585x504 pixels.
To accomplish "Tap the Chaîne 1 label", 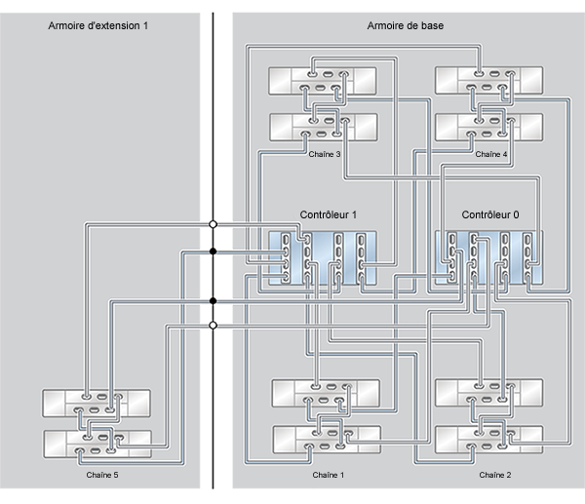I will [329, 475].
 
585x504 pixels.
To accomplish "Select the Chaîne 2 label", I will [496, 475].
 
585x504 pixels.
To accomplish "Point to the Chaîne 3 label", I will [325, 153].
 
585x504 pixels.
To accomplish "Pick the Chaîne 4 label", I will [491, 153].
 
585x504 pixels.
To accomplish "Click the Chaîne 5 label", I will [96, 475].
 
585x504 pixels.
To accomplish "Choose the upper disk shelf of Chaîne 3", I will [324, 79].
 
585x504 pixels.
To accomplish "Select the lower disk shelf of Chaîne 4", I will [488, 126].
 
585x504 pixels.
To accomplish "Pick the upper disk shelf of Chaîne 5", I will [97, 404].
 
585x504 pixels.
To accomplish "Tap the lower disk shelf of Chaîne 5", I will [97, 443].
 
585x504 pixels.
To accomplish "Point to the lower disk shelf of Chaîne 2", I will [490, 441].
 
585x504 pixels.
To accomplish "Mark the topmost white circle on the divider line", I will [213, 225].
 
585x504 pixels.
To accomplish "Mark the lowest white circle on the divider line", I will [213, 325].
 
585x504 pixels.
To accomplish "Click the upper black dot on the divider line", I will [213, 252].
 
